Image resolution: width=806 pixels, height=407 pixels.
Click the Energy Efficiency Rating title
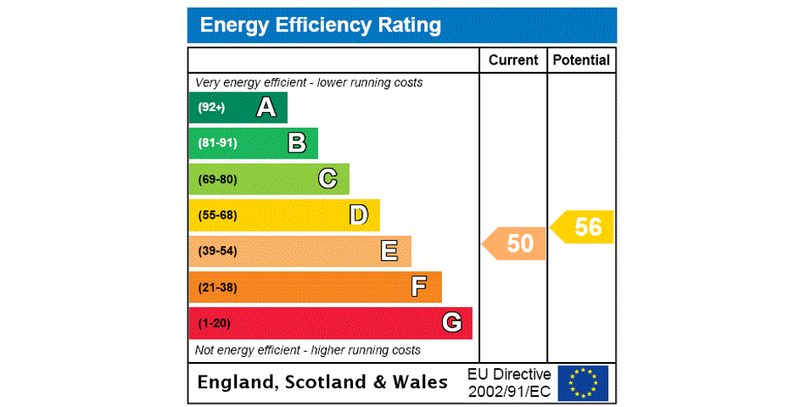(x=321, y=25)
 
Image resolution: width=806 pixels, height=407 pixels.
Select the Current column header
(x=513, y=60)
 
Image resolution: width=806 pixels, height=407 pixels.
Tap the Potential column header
(x=581, y=60)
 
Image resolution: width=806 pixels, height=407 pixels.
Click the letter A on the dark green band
(x=266, y=108)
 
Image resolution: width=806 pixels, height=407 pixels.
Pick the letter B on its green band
(x=297, y=143)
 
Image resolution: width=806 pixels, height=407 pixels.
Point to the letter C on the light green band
(x=327, y=179)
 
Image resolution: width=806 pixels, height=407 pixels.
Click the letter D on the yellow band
(x=359, y=215)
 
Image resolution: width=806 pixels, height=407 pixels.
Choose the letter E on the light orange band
(x=389, y=251)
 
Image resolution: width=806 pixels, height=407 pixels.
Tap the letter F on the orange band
(x=419, y=287)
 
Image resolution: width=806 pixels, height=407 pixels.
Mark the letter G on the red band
(x=451, y=323)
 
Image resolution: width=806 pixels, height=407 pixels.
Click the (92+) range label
(x=211, y=108)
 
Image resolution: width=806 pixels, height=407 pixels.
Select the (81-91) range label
(x=217, y=143)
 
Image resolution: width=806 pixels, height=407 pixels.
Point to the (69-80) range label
(x=217, y=180)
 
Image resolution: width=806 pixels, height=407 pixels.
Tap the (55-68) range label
(x=217, y=215)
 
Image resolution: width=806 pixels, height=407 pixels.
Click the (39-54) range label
(x=217, y=251)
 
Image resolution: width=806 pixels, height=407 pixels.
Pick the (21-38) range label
(x=217, y=287)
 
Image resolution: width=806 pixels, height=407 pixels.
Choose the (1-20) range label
(x=214, y=323)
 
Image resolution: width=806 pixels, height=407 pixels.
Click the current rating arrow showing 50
(x=515, y=243)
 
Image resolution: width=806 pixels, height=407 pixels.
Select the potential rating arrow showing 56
(x=583, y=227)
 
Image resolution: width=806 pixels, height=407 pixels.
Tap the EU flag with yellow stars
(x=583, y=382)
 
